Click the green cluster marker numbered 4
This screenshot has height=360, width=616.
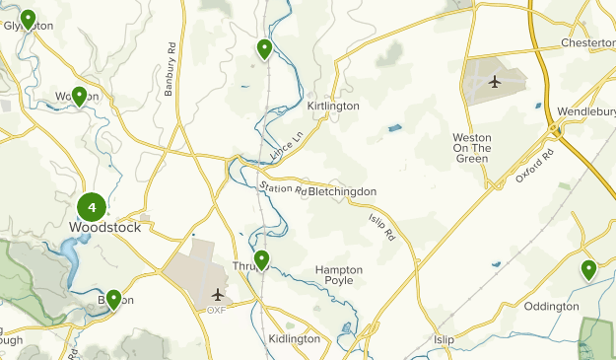pos(92,208)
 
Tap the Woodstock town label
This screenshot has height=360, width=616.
pos(105,227)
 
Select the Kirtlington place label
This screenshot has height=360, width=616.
pos(333,106)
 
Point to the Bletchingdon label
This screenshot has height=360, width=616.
pos(342,191)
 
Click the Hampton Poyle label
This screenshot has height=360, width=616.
pos(339,275)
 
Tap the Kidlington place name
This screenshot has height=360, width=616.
pos(295,338)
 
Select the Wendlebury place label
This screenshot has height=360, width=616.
pos(585,111)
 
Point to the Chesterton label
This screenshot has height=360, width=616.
pos(587,42)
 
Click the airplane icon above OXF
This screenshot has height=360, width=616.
pos(218,294)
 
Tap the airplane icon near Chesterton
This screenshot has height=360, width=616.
pos(494,81)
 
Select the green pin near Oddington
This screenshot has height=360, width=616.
pos(589,268)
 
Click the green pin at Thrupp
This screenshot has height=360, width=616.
pos(261,260)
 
